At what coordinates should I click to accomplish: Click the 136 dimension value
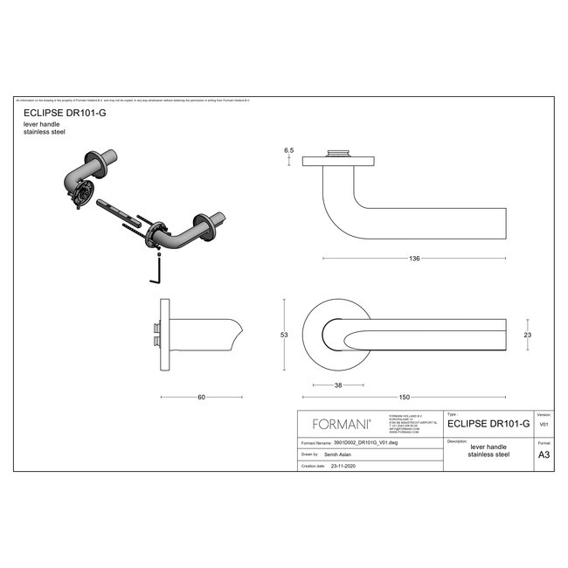click(415, 259)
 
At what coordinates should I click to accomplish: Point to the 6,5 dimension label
click(287, 151)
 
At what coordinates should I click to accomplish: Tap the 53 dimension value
click(283, 334)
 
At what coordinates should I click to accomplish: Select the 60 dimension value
click(201, 398)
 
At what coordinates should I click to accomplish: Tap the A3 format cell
click(543, 454)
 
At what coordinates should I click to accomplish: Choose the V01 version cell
click(543, 424)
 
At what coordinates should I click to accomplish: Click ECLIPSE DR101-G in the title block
click(488, 424)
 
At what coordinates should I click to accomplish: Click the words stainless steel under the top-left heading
click(45, 133)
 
